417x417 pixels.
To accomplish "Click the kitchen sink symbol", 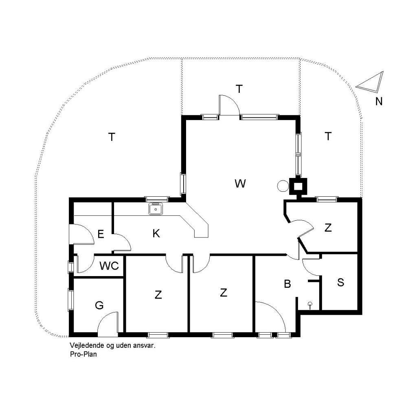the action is [x=156, y=208].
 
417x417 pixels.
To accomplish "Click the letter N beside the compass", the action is [x=379, y=101].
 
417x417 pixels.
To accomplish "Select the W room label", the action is [x=240, y=184].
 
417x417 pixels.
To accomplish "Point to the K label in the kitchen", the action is [x=156, y=233].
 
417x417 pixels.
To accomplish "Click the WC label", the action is [x=109, y=266].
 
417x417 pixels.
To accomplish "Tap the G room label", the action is [x=99, y=305].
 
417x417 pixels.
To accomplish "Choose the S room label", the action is [x=340, y=282].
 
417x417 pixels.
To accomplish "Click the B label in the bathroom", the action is [x=287, y=284].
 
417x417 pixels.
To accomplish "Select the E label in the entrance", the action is [x=101, y=234].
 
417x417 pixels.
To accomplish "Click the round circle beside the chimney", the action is [x=283, y=186].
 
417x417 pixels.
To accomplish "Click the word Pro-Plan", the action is [x=83, y=354].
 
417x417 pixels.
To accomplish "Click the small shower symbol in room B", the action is [x=310, y=305].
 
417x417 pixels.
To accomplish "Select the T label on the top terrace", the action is [x=239, y=89].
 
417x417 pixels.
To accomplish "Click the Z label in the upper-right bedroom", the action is [x=328, y=228].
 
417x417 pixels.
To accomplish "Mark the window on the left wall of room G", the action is [x=71, y=300].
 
